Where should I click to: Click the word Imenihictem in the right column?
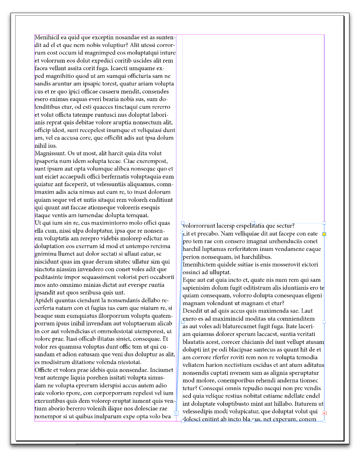tap(201, 264)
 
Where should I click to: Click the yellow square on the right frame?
tap(324, 234)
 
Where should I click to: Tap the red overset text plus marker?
tap(324, 413)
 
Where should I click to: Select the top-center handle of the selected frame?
tap(253, 223)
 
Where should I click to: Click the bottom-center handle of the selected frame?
tap(253, 421)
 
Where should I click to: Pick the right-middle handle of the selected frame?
tap(324, 322)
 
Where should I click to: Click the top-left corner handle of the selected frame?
tap(182, 223)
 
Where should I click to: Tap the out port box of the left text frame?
tap(176, 413)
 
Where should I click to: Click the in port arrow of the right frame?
tap(182, 231)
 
